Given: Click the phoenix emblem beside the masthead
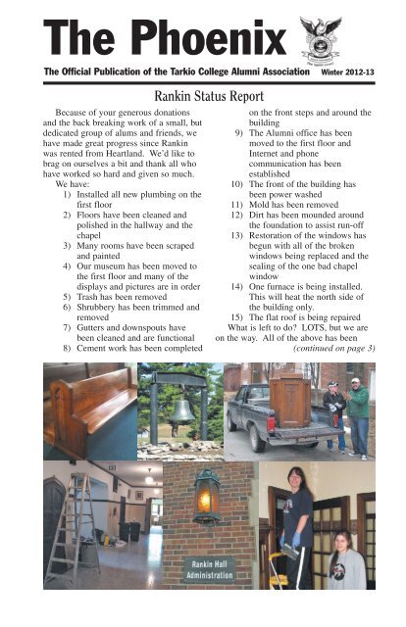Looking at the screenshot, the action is (x=321, y=41).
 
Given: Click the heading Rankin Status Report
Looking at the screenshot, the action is (x=209, y=96).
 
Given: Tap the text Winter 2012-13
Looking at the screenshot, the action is (x=347, y=72).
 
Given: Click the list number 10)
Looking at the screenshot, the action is (x=236, y=184).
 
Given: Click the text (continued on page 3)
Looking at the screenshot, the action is (x=334, y=349).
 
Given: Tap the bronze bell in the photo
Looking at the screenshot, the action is (x=181, y=412).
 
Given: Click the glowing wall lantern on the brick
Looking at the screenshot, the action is (x=207, y=496).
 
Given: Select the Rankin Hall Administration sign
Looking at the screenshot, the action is (x=210, y=570).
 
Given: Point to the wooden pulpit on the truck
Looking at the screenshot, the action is (x=289, y=402).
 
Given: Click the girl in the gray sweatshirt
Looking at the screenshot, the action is (x=345, y=559).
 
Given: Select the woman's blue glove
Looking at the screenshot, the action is (x=296, y=540).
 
